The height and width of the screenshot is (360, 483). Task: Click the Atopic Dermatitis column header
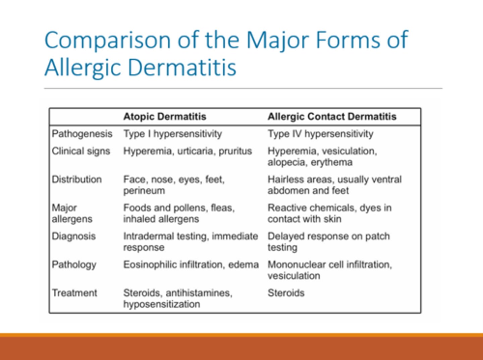click(165, 117)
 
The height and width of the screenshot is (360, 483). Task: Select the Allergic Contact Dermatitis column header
click(332, 117)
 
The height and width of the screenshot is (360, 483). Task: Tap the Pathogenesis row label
click(82, 134)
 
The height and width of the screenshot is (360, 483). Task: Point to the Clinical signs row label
click(81, 151)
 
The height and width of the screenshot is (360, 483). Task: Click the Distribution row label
click(77, 179)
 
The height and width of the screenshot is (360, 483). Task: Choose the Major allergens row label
click(72, 213)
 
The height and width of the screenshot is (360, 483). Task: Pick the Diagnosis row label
click(74, 236)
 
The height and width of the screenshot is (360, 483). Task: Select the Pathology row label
click(74, 265)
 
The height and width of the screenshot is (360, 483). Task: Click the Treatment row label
click(74, 293)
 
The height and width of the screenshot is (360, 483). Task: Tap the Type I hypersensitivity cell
click(172, 134)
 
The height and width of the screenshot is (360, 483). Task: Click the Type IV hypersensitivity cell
click(320, 134)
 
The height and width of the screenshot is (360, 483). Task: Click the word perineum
click(144, 191)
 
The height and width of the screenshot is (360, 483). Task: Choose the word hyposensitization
click(162, 304)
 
